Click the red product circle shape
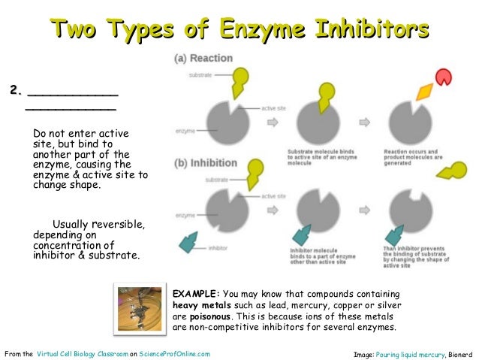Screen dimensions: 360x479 tap(444, 77)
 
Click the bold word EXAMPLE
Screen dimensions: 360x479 tap(197, 293)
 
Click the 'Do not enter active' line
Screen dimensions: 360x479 tap(80, 133)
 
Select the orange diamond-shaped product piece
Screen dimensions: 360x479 tap(424, 93)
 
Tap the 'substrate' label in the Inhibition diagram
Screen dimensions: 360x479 tap(217, 180)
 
